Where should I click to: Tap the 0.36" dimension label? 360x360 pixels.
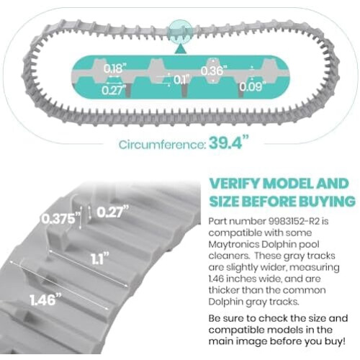click(x=214, y=71)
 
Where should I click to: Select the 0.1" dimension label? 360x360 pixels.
click(x=181, y=79)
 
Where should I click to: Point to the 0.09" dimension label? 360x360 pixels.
click(x=253, y=86)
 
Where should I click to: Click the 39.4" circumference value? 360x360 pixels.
click(x=229, y=143)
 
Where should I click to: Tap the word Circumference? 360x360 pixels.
click(x=163, y=145)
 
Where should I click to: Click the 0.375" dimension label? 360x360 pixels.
click(x=60, y=219)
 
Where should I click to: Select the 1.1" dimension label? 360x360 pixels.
click(x=100, y=259)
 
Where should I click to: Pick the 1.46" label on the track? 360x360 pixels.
click(x=45, y=300)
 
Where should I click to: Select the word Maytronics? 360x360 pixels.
click(x=233, y=245)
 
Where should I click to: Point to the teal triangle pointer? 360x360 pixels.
click(x=180, y=49)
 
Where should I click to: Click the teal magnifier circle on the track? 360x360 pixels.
click(x=180, y=32)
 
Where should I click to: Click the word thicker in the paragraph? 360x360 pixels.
click(x=223, y=290)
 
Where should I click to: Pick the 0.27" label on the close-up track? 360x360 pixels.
click(x=112, y=212)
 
